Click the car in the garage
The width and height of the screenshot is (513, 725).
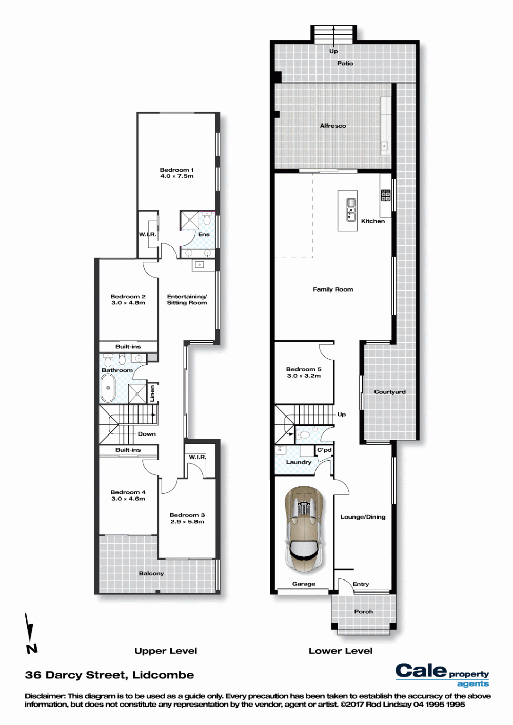(x=304, y=527)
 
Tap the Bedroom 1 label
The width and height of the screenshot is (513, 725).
(x=176, y=170)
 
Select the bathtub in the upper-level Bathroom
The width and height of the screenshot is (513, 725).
(x=108, y=388)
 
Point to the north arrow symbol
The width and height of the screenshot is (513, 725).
(x=30, y=633)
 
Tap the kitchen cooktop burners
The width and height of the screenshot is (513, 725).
(x=386, y=195)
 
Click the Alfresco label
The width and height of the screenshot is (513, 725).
(x=333, y=126)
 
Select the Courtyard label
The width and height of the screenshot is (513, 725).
(x=389, y=392)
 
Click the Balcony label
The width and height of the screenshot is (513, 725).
(x=151, y=573)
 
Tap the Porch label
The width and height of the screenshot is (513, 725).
(x=364, y=612)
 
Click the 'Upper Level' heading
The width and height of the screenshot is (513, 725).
(x=166, y=651)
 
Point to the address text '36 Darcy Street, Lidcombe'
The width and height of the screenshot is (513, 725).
(x=110, y=675)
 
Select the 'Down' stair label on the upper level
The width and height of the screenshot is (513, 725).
(x=147, y=433)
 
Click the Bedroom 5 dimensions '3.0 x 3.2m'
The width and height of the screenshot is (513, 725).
(x=304, y=376)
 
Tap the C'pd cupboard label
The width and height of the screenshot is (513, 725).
(x=324, y=450)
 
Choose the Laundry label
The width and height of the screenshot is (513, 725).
(x=299, y=462)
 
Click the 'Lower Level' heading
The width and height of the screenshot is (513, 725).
(x=341, y=651)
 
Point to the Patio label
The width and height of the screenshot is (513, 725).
(x=345, y=64)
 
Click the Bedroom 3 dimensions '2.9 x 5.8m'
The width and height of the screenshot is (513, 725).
(x=187, y=522)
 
